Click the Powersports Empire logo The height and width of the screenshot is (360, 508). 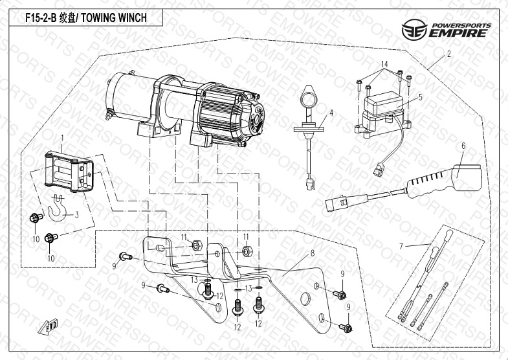tap(446, 30)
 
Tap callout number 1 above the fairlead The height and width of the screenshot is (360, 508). tap(62, 138)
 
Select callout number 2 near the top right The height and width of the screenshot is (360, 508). tap(448, 55)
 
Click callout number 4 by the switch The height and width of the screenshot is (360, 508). tap(331, 113)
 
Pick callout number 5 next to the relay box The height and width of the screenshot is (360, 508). tap(420, 98)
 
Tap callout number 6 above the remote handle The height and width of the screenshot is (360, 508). tap(463, 146)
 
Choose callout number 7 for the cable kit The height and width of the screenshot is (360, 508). tap(401, 246)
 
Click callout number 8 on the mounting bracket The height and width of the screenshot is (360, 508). tap(312, 253)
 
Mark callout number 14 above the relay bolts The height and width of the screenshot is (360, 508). tap(384, 64)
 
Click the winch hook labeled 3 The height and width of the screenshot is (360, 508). tap(56, 208)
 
